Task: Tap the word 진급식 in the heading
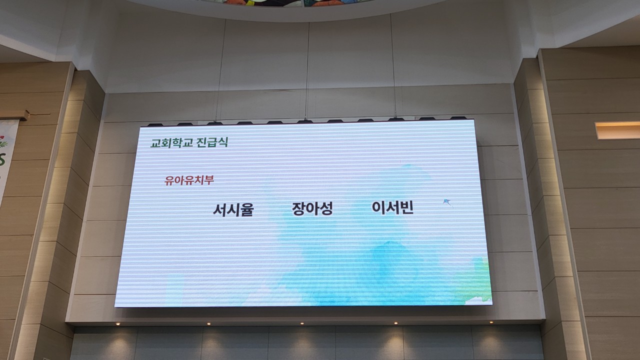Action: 212,142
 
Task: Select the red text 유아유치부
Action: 189,180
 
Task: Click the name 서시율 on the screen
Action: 233,210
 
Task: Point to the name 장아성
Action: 312,209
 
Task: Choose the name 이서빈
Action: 392,207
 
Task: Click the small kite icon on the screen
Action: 447,202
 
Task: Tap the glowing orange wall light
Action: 617,130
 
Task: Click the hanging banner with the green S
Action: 6,160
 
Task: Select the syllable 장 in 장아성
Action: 298,209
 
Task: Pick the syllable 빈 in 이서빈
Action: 406,207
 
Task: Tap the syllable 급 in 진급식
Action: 212,142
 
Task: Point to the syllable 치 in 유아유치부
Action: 199,180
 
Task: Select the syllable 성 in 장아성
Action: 326,209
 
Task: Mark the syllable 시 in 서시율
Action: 233,210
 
